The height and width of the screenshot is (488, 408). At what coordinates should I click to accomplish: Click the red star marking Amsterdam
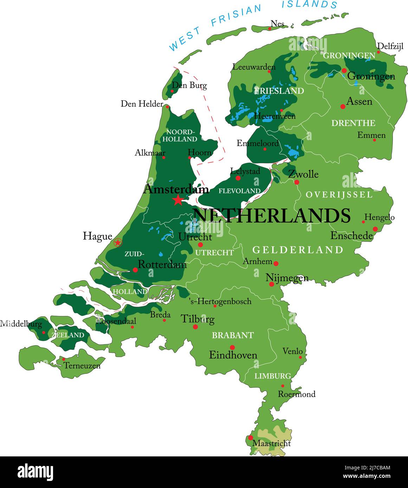pyautogui.click(x=178, y=200)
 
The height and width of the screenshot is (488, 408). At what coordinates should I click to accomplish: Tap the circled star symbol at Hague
pyautogui.click(x=118, y=242)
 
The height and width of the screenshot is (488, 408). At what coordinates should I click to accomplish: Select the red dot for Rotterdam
pyautogui.click(x=135, y=270)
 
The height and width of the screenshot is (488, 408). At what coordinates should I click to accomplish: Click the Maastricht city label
pyautogui.click(x=272, y=443)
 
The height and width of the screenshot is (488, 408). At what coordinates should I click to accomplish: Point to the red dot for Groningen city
pyautogui.click(x=344, y=71)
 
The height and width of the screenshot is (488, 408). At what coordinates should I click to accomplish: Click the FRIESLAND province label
pyautogui.click(x=279, y=91)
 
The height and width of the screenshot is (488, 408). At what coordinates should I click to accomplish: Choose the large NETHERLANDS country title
pyautogui.click(x=272, y=215)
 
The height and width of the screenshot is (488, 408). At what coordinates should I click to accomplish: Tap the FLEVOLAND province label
pyautogui.click(x=240, y=191)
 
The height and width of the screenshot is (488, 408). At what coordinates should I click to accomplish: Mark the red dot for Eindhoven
pyautogui.click(x=232, y=347)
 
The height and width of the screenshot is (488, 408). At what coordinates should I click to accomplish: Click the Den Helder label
pyautogui.click(x=142, y=104)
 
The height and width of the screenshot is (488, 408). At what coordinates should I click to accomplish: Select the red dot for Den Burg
pyautogui.click(x=172, y=91)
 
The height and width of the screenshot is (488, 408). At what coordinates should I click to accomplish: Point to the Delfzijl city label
pyautogui.click(x=390, y=46)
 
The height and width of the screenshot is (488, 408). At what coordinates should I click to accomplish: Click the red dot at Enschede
pyautogui.click(x=375, y=229)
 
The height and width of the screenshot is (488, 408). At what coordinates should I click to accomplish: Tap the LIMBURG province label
pyautogui.click(x=273, y=376)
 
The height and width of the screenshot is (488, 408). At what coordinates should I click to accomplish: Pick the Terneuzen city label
pyautogui.click(x=82, y=365)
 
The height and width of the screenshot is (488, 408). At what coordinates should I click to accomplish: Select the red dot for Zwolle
pyautogui.click(x=297, y=182)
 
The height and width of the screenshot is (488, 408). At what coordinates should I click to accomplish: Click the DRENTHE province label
pyautogui.click(x=353, y=123)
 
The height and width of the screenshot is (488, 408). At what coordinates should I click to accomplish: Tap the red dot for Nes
pyautogui.click(x=270, y=28)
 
